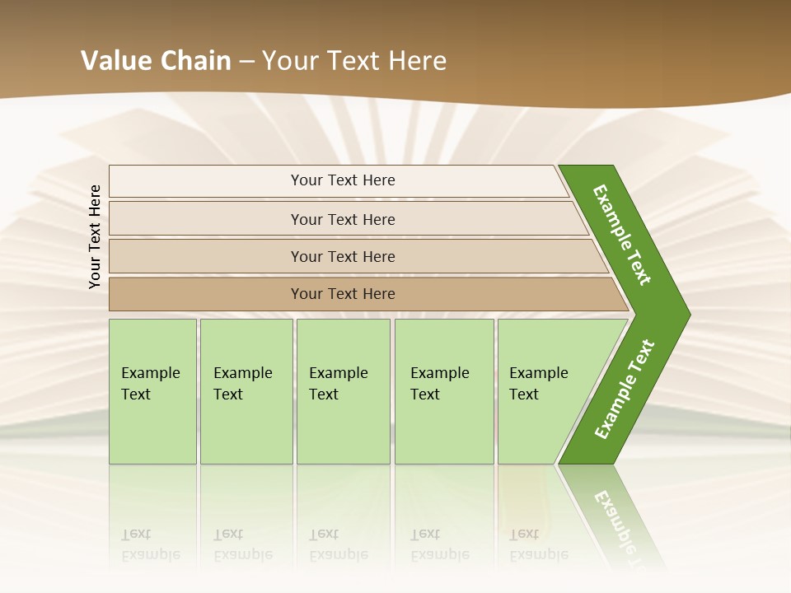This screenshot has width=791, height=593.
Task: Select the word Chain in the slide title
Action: (x=195, y=61)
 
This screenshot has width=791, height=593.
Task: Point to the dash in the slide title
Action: (x=246, y=62)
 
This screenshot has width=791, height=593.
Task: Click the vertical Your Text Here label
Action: (x=96, y=236)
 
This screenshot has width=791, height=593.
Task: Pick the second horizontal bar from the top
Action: (x=342, y=219)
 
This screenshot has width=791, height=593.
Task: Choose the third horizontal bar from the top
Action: (x=342, y=256)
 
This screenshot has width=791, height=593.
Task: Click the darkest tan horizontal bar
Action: (x=342, y=294)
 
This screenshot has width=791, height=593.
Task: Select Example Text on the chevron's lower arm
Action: (x=624, y=390)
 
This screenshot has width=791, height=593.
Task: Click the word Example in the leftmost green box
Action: (x=150, y=373)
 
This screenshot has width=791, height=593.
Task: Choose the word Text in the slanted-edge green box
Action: (x=524, y=395)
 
